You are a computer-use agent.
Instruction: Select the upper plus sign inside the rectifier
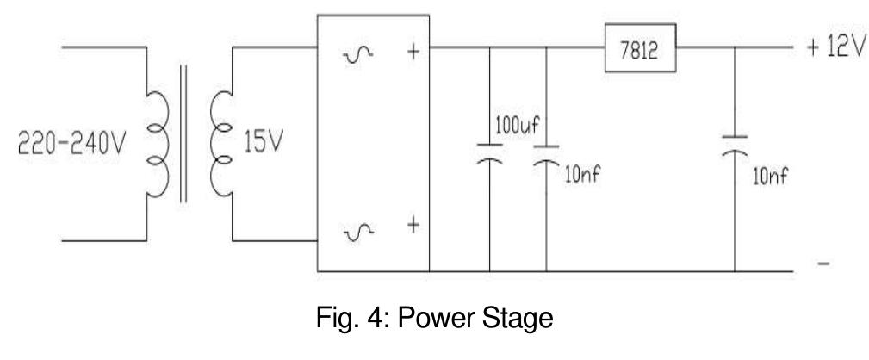tap(412, 51)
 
